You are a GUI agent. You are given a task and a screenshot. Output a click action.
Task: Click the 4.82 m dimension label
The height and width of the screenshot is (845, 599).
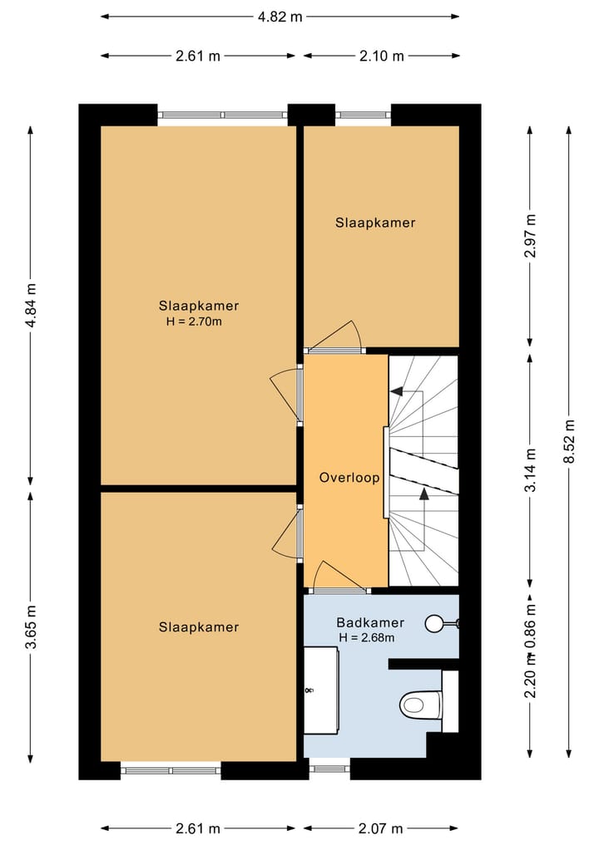(x=280, y=17)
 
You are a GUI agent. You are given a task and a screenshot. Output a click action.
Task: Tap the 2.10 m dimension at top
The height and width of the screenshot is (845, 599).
(x=382, y=56)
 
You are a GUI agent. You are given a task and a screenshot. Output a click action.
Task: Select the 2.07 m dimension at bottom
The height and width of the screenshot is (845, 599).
(x=380, y=828)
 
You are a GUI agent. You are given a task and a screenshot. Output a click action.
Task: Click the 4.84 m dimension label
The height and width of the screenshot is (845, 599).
(x=31, y=305)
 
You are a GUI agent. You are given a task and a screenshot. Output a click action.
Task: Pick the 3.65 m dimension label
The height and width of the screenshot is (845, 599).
(x=31, y=626)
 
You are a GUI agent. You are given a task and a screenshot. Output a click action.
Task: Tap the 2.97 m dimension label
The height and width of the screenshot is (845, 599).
(x=531, y=235)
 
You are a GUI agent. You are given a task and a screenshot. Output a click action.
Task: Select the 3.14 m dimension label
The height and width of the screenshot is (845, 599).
(x=531, y=470)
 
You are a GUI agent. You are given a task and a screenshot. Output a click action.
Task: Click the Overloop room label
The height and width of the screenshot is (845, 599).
(x=349, y=478)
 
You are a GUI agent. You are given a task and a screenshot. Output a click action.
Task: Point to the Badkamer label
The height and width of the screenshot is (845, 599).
(x=370, y=623)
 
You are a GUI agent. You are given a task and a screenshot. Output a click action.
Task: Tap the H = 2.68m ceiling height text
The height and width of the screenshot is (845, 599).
(x=366, y=638)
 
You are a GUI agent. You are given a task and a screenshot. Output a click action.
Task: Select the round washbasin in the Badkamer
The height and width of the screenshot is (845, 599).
(x=434, y=623)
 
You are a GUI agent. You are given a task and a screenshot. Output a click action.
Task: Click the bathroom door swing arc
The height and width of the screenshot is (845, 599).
(x=339, y=572)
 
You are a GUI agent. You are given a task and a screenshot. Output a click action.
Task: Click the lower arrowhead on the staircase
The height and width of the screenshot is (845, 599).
(x=424, y=493)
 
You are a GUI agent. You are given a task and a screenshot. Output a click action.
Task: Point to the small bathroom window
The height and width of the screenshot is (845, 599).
(x=329, y=769)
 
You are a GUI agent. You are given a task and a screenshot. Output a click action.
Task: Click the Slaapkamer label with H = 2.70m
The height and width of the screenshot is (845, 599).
(x=199, y=306)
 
